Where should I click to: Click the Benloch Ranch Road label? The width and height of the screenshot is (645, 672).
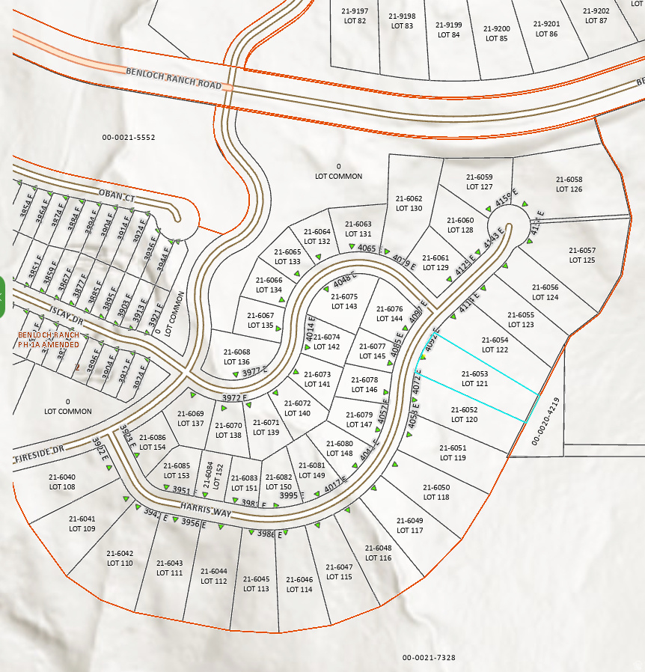point(174,79)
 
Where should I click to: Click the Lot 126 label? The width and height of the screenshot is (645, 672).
point(569,185)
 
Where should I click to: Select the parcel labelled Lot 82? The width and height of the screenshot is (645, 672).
point(355,16)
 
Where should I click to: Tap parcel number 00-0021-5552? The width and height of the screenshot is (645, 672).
point(129,138)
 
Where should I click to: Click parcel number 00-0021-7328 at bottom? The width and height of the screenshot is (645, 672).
point(429,658)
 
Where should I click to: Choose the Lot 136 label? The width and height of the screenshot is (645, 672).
point(236,357)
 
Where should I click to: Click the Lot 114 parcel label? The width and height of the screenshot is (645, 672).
point(299,584)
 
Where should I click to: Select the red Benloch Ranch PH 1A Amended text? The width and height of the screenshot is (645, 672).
point(49,340)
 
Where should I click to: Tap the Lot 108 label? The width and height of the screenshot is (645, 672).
point(62,482)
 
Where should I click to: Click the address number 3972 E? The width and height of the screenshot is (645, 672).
point(234,397)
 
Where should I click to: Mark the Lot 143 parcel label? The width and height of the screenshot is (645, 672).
point(344,302)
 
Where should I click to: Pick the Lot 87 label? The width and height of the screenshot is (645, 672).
point(596,16)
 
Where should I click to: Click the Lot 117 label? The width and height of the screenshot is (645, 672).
point(409,525)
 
